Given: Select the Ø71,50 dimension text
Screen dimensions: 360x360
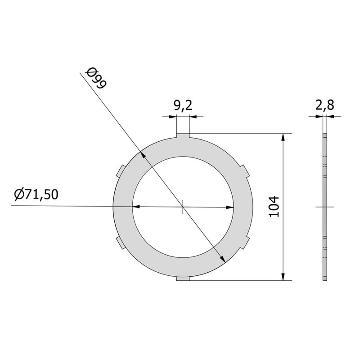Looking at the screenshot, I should coord(36,194).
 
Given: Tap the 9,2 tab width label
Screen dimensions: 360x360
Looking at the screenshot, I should coord(183,106).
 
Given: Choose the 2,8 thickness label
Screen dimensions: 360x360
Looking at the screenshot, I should coord(324,106).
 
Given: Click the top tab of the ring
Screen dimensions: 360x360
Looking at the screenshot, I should coord(183,135).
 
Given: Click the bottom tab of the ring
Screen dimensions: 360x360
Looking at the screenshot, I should coord(183,279).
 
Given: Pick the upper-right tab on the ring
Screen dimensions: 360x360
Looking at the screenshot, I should coord(245,171).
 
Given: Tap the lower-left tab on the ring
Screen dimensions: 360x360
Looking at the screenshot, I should coord(120,243).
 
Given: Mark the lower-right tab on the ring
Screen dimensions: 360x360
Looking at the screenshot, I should coord(245,243).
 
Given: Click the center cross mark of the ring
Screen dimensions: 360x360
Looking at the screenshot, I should coord(183,207).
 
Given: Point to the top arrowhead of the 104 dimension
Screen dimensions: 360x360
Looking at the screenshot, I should coord(283,137).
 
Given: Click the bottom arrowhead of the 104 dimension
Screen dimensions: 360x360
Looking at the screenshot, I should coord(283,277).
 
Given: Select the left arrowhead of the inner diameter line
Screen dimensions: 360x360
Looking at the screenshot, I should coord(135,207).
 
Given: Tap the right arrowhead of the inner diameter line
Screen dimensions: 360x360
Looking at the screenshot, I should coord(231,207).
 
